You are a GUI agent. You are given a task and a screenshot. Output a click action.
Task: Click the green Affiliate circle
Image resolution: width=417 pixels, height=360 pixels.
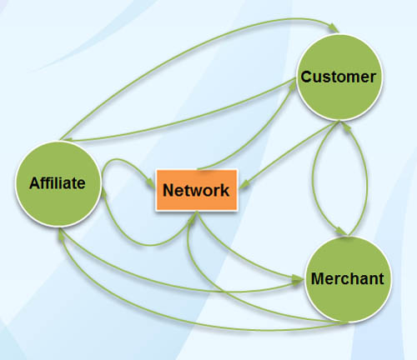pos(58,184)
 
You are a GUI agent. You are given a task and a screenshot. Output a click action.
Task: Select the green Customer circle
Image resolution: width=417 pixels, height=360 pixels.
pos(339,77)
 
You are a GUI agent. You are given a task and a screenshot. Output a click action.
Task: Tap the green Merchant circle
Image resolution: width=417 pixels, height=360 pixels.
pos(348,279)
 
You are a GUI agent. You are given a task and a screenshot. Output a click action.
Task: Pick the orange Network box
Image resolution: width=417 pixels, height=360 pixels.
pos(197,190)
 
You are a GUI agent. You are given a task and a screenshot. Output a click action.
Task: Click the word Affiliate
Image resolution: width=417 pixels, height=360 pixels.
pos(58,183)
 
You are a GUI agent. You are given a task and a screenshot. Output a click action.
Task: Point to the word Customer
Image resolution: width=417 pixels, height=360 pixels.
pos(339,77)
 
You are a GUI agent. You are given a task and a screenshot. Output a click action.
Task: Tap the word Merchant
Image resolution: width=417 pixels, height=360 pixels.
pos(348,278)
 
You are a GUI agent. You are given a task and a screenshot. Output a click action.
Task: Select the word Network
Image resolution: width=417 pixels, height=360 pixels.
pos(196,190)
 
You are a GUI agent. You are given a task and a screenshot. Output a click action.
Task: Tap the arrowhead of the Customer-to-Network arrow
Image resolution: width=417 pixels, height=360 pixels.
pos(244,185)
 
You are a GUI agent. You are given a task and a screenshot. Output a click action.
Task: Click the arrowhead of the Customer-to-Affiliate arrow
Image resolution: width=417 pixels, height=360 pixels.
pos(68,139)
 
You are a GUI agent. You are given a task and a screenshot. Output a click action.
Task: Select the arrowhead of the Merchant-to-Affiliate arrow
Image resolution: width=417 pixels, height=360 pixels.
pos(60,234)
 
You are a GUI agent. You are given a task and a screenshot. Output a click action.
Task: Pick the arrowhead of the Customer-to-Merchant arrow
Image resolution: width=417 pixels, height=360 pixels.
pos(342,232)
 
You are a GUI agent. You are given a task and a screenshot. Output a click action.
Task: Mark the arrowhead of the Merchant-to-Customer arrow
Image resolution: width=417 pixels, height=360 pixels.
pos(345,126)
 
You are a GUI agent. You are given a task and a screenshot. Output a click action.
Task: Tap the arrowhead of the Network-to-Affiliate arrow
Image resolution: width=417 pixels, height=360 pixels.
pos(104,194)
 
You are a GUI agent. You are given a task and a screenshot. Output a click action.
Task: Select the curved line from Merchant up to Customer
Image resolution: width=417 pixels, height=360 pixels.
pos(367,181)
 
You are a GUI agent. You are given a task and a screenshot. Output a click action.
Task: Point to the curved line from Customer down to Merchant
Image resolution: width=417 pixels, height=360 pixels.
pos(313,177)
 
